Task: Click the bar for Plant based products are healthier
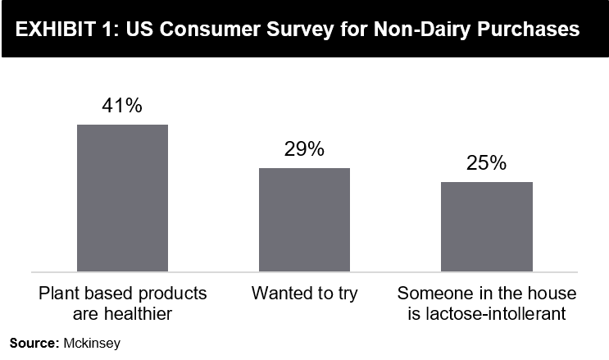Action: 122,198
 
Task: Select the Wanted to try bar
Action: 305,220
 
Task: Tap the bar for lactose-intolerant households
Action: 487,226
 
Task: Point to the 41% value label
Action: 122,105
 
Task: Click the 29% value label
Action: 304,149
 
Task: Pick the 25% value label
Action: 486,162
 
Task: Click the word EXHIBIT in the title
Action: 56,30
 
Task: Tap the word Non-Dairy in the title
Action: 422,30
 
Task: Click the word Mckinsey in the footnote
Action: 92,344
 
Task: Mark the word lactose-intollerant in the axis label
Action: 496,314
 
